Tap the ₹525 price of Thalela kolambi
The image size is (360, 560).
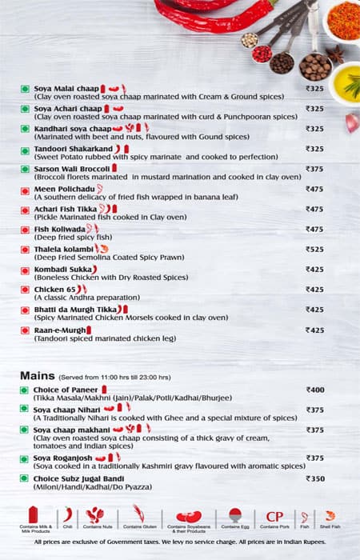point(314,249)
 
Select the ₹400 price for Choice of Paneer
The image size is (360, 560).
point(314,390)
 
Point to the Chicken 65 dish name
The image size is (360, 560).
point(55,289)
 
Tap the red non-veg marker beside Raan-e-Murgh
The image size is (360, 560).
point(26,330)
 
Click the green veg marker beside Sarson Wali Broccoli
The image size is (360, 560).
point(26,169)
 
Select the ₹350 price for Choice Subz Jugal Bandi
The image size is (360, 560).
point(314,478)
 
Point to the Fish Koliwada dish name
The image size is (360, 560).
point(60,229)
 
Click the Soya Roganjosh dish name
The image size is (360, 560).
point(63,458)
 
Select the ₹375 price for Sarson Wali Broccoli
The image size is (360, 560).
point(314,169)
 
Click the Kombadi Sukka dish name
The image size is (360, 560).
point(62,269)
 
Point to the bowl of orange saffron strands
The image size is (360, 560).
point(343,20)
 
